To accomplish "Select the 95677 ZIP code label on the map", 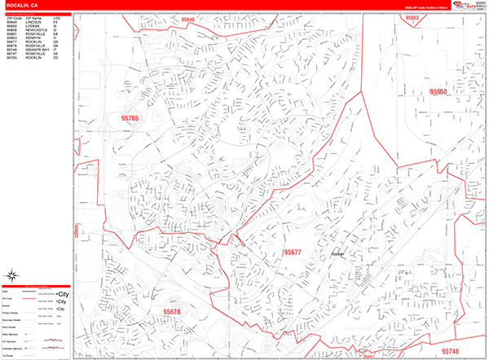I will point(293,252).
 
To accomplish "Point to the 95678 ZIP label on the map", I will point(172,311).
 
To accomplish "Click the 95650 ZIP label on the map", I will point(438,93).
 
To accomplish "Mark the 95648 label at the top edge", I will point(189,19).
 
